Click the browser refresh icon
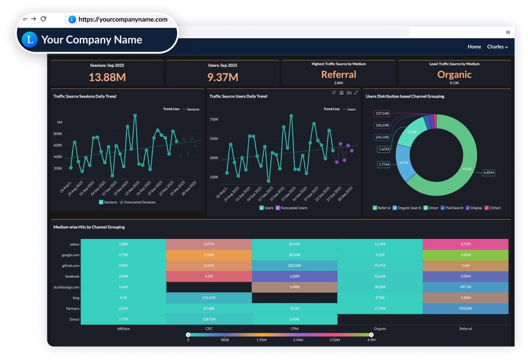(43, 19)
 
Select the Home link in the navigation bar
(474, 46)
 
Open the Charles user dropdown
(497, 46)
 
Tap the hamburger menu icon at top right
(508, 32)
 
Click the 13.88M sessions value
(107, 77)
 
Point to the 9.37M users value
(222, 77)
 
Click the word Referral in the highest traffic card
(339, 74)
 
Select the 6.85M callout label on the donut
(489, 173)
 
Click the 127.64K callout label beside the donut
(382, 113)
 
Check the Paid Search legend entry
(452, 208)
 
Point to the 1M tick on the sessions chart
(59, 122)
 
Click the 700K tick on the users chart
(214, 119)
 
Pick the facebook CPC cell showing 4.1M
(209, 276)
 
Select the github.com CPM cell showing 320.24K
(294, 266)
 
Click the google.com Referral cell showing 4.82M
(465, 255)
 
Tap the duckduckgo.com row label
(67, 287)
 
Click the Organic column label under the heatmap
(380, 329)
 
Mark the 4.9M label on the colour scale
(371, 340)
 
